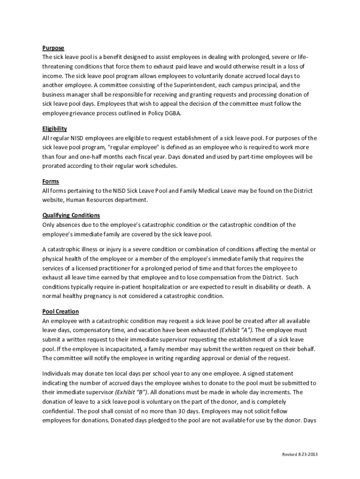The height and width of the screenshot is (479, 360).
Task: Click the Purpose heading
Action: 53,48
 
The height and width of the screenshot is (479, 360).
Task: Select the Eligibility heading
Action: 54,129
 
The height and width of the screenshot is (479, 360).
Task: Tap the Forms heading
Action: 50,181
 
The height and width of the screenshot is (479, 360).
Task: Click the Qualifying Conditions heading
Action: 71,215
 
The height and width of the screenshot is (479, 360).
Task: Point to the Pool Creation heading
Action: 60,312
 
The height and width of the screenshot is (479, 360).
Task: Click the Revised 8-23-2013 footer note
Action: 300,455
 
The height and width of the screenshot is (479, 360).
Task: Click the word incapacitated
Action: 108,349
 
